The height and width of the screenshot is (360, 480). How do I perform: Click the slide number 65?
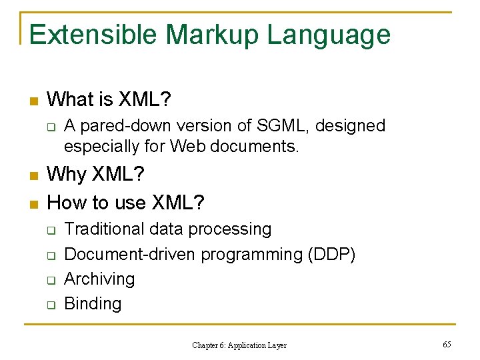[447, 345]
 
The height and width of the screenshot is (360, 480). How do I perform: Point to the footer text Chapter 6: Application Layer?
[239, 345]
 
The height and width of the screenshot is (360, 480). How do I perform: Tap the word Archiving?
[99, 279]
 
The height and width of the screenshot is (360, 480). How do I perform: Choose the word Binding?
[93, 304]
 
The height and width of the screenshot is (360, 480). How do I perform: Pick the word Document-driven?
[130, 254]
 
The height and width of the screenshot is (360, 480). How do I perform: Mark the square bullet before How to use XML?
[34, 202]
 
